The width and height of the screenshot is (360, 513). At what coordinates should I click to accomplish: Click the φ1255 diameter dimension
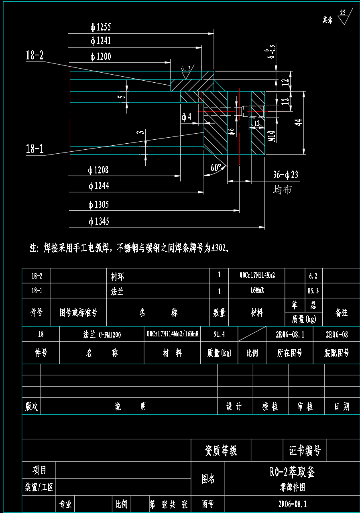(100, 27)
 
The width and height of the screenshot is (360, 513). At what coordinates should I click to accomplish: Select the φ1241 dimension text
(100, 41)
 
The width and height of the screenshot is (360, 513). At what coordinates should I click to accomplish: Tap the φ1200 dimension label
(100, 57)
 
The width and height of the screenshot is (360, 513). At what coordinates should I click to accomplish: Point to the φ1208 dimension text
(98, 170)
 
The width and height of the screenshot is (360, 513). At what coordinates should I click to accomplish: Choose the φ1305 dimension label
(98, 205)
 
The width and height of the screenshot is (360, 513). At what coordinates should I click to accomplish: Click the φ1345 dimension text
(98, 221)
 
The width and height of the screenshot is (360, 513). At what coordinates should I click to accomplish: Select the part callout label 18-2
(35, 55)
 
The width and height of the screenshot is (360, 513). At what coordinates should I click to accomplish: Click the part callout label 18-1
(35, 149)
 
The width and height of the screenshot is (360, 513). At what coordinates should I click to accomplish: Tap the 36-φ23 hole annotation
(286, 175)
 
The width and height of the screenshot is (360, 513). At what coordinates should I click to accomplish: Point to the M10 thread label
(271, 136)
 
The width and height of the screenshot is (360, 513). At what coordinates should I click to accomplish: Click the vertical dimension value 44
(298, 122)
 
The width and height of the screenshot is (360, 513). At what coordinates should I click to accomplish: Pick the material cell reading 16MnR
(257, 291)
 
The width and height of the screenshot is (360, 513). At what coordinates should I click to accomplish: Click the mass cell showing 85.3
(313, 291)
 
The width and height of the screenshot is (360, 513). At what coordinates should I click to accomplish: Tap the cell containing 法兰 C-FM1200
(102, 334)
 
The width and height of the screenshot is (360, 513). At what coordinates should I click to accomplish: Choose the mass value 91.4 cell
(219, 334)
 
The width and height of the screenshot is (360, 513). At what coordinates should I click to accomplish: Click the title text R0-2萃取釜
(292, 472)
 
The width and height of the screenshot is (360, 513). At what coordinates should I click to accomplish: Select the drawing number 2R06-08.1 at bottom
(292, 504)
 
